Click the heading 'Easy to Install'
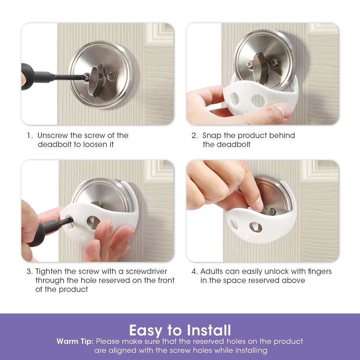(x=180, y=330)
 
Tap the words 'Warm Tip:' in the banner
(x=75, y=341)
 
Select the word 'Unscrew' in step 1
(x=52, y=136)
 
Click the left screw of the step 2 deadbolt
(x=249, y=64)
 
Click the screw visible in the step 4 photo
(x=272, y=211)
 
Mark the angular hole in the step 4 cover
(x=256, y=227)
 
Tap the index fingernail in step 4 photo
(x=259, y=204)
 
